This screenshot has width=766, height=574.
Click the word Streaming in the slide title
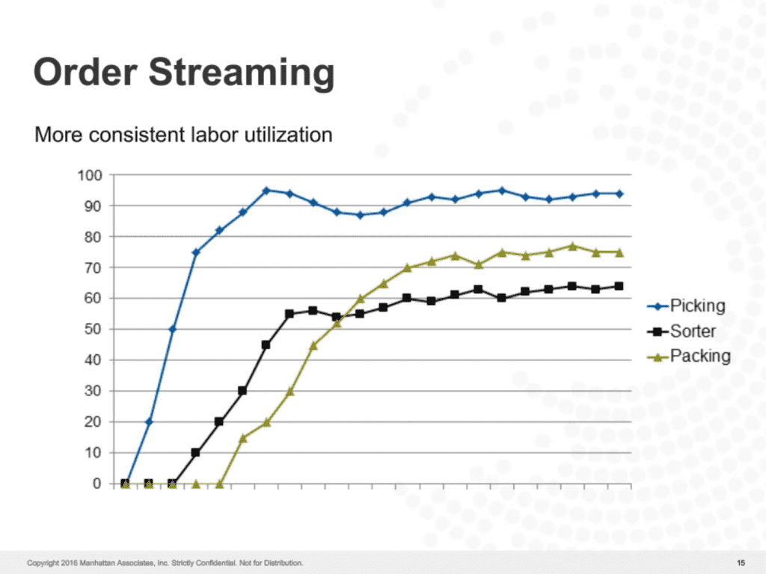pyautogui.click(x=241, y=73)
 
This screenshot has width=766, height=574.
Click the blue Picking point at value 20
pyautogui.click(x=149, y=422)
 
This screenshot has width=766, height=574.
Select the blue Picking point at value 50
pyautogui.click(x=172, y=330)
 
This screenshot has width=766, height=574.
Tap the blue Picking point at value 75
pyautogui.click(x=196, y=253)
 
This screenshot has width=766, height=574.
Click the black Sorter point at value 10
pyautogui.click(x=196, y=453)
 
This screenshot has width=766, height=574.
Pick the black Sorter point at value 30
pyautogui.click(x=242, y=391)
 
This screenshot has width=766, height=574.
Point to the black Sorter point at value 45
pyautogui.click(x=266, y=345)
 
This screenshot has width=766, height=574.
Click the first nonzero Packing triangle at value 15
pyautogui.click(x=242, y=438)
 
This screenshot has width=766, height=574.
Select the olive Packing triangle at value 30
pyautogui.click(x=289, y=391)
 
